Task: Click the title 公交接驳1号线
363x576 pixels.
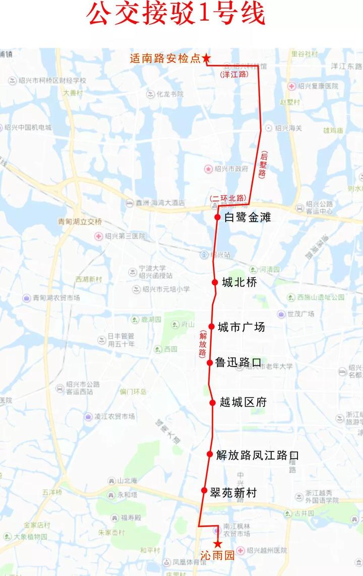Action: [x=176, y=15]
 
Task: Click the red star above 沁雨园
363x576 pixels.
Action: [x=218, y=544]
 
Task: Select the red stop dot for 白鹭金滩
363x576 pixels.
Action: [x=217, y=217]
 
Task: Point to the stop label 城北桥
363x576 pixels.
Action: [x=239, y=283]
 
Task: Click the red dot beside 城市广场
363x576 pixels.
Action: [x=212, y=327]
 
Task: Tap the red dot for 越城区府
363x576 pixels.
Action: [x=213, y=402]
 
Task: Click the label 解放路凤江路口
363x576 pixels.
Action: [x=257, y=455]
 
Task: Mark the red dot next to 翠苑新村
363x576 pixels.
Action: [x=204, y=490]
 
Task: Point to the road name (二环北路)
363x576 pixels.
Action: [x=228, y=198]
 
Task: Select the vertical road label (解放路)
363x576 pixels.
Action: [x=203, y=344]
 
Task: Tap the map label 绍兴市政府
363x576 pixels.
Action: [x=231, y=169]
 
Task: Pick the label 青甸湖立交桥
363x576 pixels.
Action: [x=80, y=221]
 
